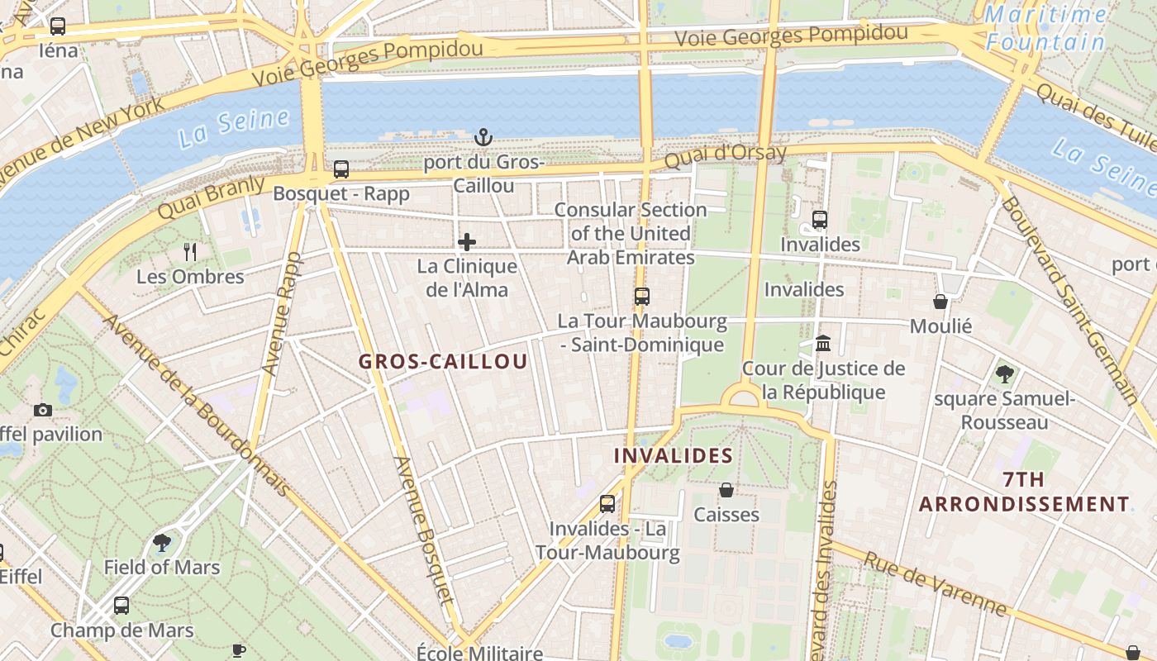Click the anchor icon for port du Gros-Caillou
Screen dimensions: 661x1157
click(483, 136)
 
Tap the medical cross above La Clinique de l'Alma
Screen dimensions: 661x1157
click(467, 242)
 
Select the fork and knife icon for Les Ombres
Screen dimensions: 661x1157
click(190, 251)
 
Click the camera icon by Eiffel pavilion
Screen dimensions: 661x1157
click(43, 410)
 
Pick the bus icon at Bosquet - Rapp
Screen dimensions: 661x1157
click(341, 169)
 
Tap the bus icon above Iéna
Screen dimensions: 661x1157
click(58, 26)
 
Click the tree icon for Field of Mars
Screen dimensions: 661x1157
click(162, 543)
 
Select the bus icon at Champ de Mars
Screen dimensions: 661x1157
click(121, 606)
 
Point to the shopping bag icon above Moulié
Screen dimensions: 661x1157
click(940, 302)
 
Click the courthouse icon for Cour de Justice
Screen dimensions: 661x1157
click(823, 343)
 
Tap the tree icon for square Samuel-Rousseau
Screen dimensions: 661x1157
click(1004, 374)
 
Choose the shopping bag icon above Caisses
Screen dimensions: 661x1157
click(726, 490)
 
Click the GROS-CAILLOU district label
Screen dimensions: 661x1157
click(443, 362)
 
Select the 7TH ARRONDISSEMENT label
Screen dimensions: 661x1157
click(1024, 492)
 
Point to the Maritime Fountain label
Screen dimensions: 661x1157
click(1045, 28)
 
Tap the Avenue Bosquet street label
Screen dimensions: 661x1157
click(424, 541)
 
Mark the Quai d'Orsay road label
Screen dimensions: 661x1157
click(726, 155)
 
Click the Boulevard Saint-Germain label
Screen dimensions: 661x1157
click(1071, 298)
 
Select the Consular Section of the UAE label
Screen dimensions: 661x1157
click(631, 234)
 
